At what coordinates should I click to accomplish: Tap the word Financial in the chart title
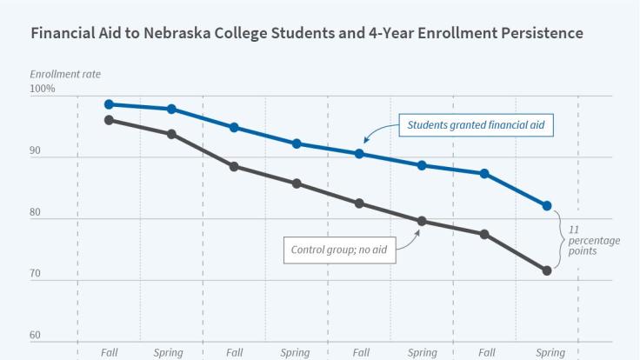[64, 34]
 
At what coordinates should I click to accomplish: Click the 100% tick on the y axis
[43, 89]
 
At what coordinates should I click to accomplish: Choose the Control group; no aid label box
[339, 250]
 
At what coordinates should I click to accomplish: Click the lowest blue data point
[547, 206]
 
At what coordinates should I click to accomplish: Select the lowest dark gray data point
[547, 270]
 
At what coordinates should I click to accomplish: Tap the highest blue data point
[109, 104]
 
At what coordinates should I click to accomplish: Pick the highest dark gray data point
[109, 120]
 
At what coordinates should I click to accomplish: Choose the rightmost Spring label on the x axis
[550, 353]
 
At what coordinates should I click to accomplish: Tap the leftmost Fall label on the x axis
[109, 353]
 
